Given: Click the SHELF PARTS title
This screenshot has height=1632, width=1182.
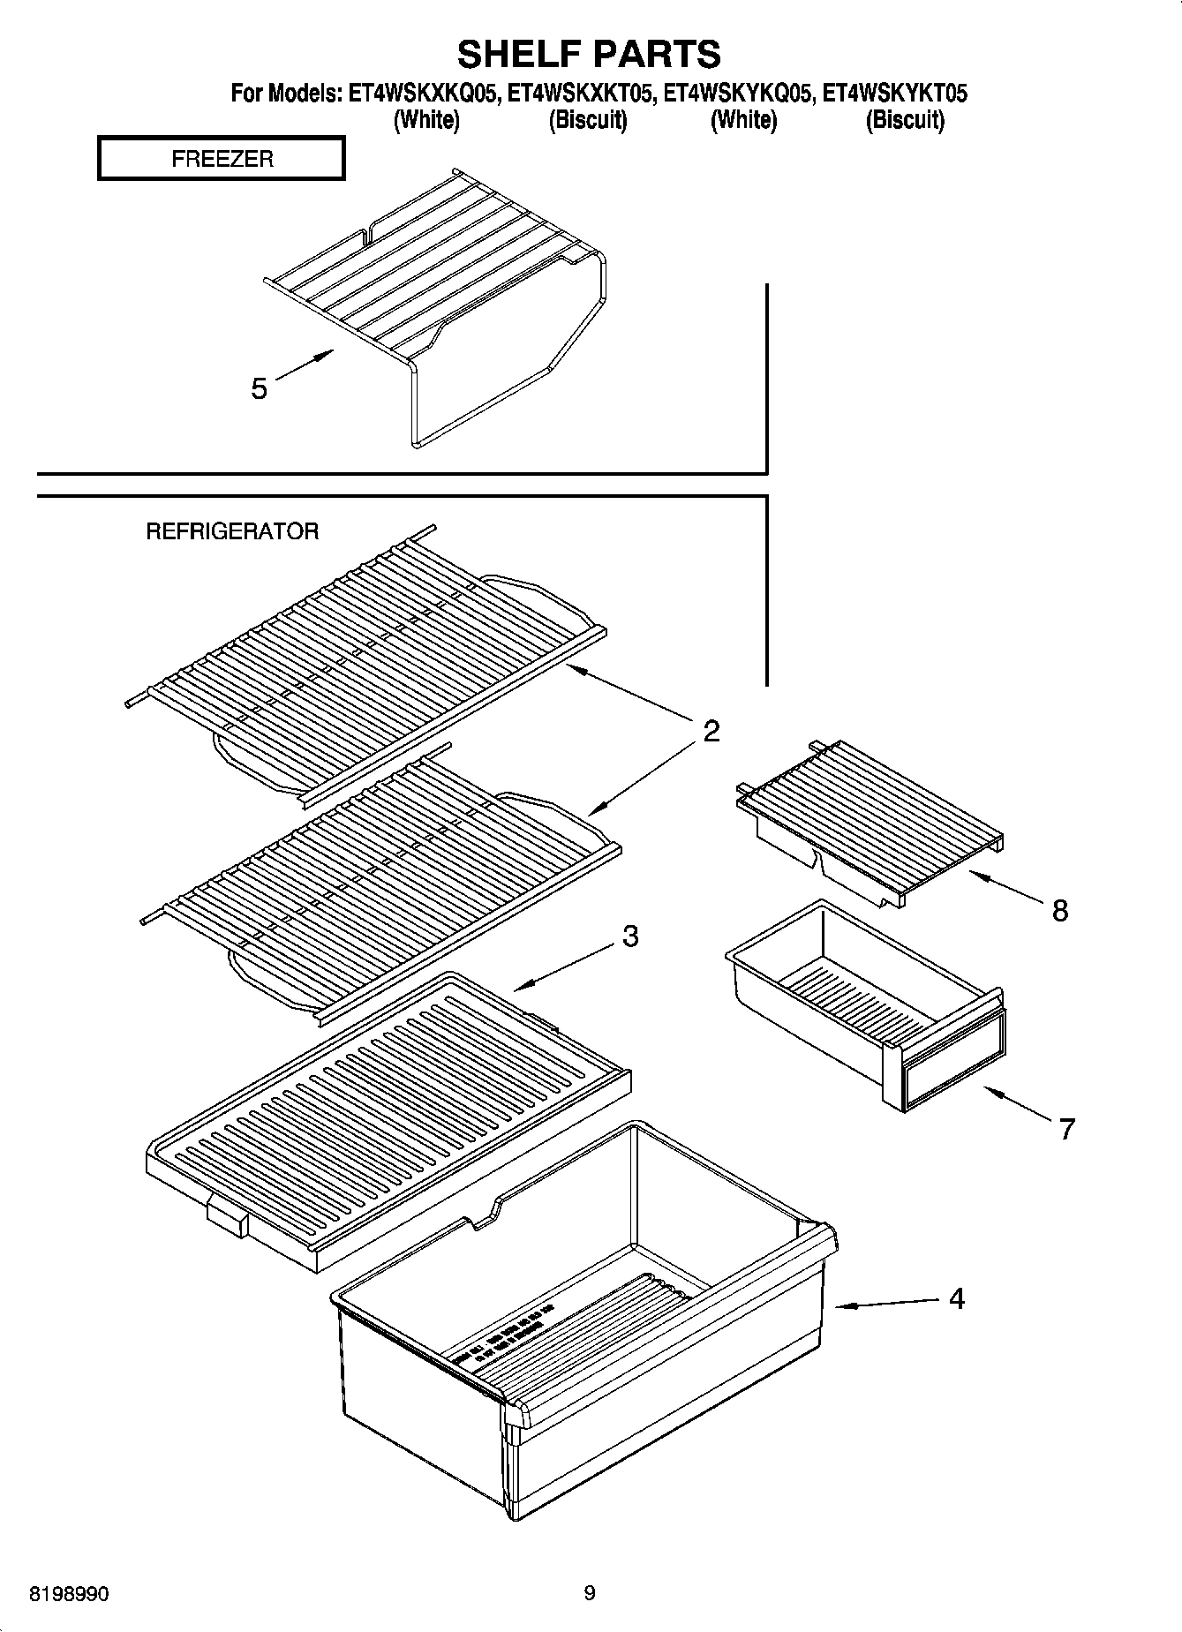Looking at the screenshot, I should coord(589,54).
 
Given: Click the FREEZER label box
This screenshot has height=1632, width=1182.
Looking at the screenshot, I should coord(221,159).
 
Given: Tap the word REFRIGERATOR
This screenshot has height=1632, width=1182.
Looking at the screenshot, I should coord(231,531).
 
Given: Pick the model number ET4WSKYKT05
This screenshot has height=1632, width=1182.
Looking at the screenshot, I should coord(894,94).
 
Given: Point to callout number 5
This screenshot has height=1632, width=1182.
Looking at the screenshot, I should coord(259,388).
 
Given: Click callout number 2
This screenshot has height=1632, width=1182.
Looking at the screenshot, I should coord(711,731).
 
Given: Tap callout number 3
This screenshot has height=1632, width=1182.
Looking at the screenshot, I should coord(629,936).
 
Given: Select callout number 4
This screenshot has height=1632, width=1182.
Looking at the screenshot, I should coord(956,1298).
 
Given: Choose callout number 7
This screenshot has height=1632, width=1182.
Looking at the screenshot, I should coord(1066,1129).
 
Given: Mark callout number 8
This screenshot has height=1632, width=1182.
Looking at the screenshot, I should coord(1059,910).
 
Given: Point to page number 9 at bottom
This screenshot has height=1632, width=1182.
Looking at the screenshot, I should coord(589,1593).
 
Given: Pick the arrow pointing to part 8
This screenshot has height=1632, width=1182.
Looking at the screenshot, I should coord(1006,886).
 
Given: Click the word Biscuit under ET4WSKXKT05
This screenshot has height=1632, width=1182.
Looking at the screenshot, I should coord(587,120).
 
